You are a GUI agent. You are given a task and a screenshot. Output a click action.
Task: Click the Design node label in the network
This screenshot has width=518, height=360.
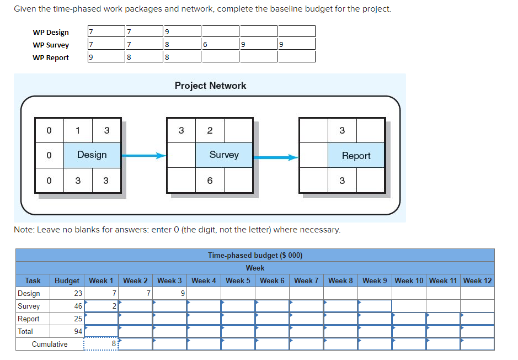pos(92,155)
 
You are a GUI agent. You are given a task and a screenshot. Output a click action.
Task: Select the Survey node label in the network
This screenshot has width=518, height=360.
pos(224,155)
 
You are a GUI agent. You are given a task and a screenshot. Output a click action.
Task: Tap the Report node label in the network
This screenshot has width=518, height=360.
pos(356,156)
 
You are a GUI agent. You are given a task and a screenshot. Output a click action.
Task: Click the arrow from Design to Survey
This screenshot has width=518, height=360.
pos(143,156)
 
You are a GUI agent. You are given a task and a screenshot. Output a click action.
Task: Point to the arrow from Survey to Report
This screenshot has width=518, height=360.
pos(276,157)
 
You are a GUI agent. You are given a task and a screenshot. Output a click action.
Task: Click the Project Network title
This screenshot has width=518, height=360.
pos(210,86)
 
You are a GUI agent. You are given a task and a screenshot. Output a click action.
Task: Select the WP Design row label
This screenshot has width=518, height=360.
pos(51,32)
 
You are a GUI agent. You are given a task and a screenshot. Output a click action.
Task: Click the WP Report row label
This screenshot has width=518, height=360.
pos(51,57)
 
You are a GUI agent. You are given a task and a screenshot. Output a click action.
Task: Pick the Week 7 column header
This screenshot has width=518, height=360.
pos(306,280)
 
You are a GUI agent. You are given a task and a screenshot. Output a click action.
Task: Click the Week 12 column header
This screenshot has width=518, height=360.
pos(477,280)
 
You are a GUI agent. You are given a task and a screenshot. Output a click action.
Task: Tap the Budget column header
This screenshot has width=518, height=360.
pos(67,280)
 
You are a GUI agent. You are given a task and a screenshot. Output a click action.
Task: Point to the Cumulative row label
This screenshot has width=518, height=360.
pos(50,344)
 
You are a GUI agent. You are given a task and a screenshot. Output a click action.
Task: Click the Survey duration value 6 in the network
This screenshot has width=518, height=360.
pos(210,181)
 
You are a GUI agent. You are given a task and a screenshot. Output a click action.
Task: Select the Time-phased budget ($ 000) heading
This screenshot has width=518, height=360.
pos(255,255)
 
